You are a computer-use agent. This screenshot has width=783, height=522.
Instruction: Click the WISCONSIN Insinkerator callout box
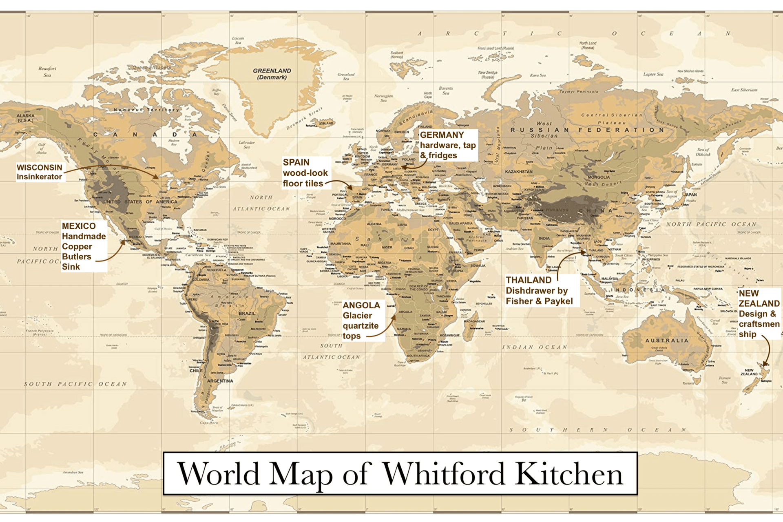point(40,172)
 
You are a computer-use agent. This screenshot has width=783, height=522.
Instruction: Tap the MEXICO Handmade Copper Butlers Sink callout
point(84,246)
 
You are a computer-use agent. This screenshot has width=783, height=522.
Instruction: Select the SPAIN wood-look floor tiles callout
point(305,173)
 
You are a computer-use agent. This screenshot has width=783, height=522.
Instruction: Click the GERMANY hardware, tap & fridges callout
point(447,145)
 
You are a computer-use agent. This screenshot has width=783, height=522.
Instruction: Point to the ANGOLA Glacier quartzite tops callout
point(361,321)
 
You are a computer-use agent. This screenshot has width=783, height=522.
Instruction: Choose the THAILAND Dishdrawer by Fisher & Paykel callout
point(539,290)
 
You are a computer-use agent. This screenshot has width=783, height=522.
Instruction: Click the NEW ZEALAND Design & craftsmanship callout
point(759,314)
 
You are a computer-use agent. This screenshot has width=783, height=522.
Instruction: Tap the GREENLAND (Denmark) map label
point(272,74)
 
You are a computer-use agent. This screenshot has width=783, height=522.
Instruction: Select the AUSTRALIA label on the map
point(667,341)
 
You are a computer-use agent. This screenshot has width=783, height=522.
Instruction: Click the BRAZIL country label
point(247,313)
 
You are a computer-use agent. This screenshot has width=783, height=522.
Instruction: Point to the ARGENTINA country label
point(220,381)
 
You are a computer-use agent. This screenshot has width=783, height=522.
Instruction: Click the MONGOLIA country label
point(599,177)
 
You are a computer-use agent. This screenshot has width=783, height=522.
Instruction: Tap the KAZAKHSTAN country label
point(519,172)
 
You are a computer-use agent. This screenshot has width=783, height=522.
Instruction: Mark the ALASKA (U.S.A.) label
point(25,118)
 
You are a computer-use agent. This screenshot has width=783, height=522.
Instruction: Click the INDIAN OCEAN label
point(534,347)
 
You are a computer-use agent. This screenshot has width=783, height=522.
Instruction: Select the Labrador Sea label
point(246,144)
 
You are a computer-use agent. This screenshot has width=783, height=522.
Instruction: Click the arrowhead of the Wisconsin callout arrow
point(157,177)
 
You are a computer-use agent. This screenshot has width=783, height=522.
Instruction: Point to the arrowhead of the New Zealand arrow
point(765,364)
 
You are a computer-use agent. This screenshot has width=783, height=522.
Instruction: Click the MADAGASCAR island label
point(474,321)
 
